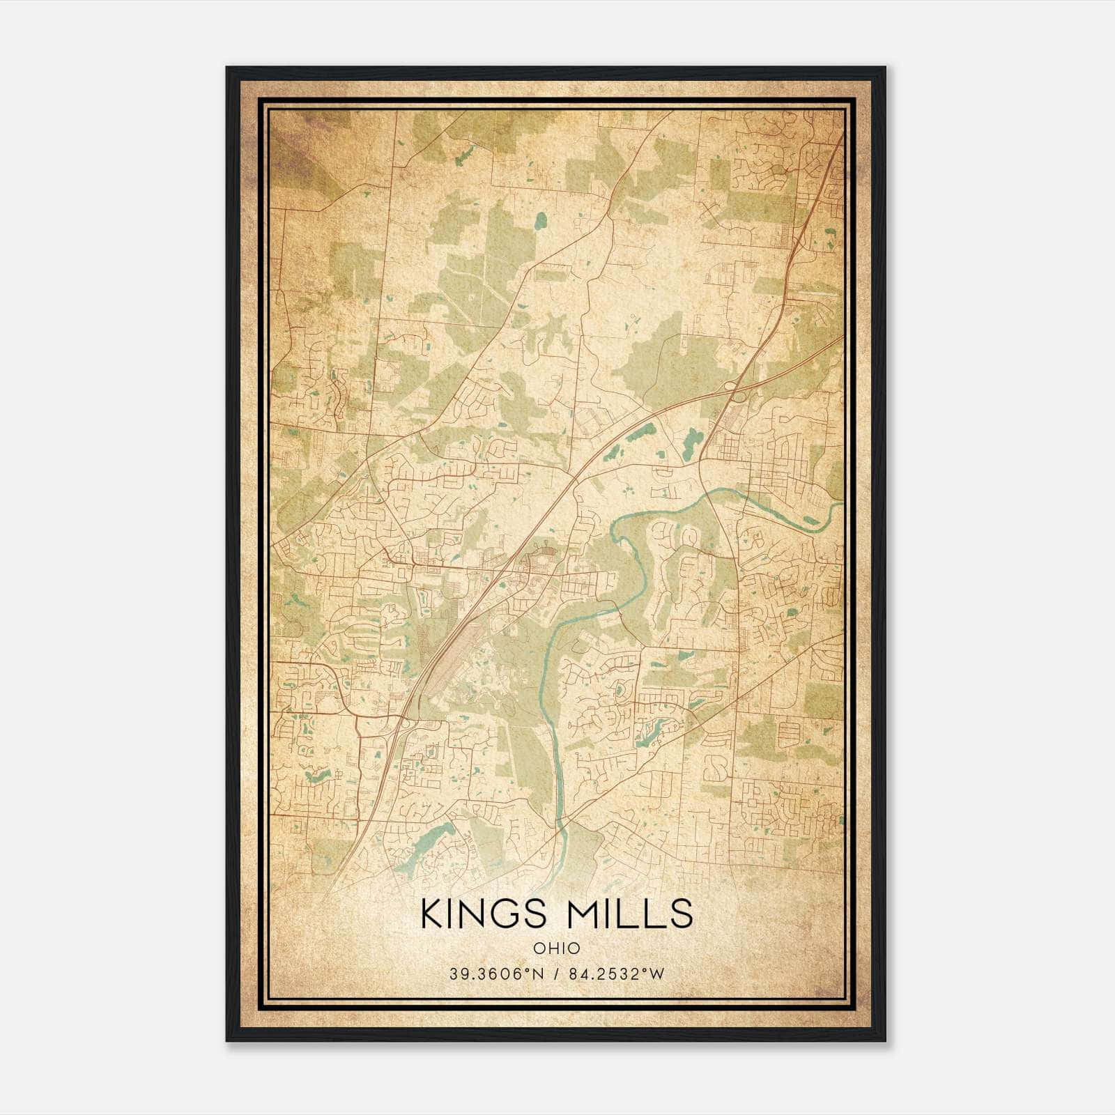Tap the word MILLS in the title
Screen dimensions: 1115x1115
[x=630, y=914]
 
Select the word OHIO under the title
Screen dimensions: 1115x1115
[x=556, y=948]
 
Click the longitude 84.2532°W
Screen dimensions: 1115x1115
[x=617, y=974]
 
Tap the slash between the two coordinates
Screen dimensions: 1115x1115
[x=556, y=974]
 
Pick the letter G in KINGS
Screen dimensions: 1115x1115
[x=503, y=914]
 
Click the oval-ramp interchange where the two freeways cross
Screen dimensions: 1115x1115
[x=734, y=389]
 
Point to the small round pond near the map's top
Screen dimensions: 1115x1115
[x=540, y=223]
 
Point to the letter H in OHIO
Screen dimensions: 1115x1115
[x=550, y=948]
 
